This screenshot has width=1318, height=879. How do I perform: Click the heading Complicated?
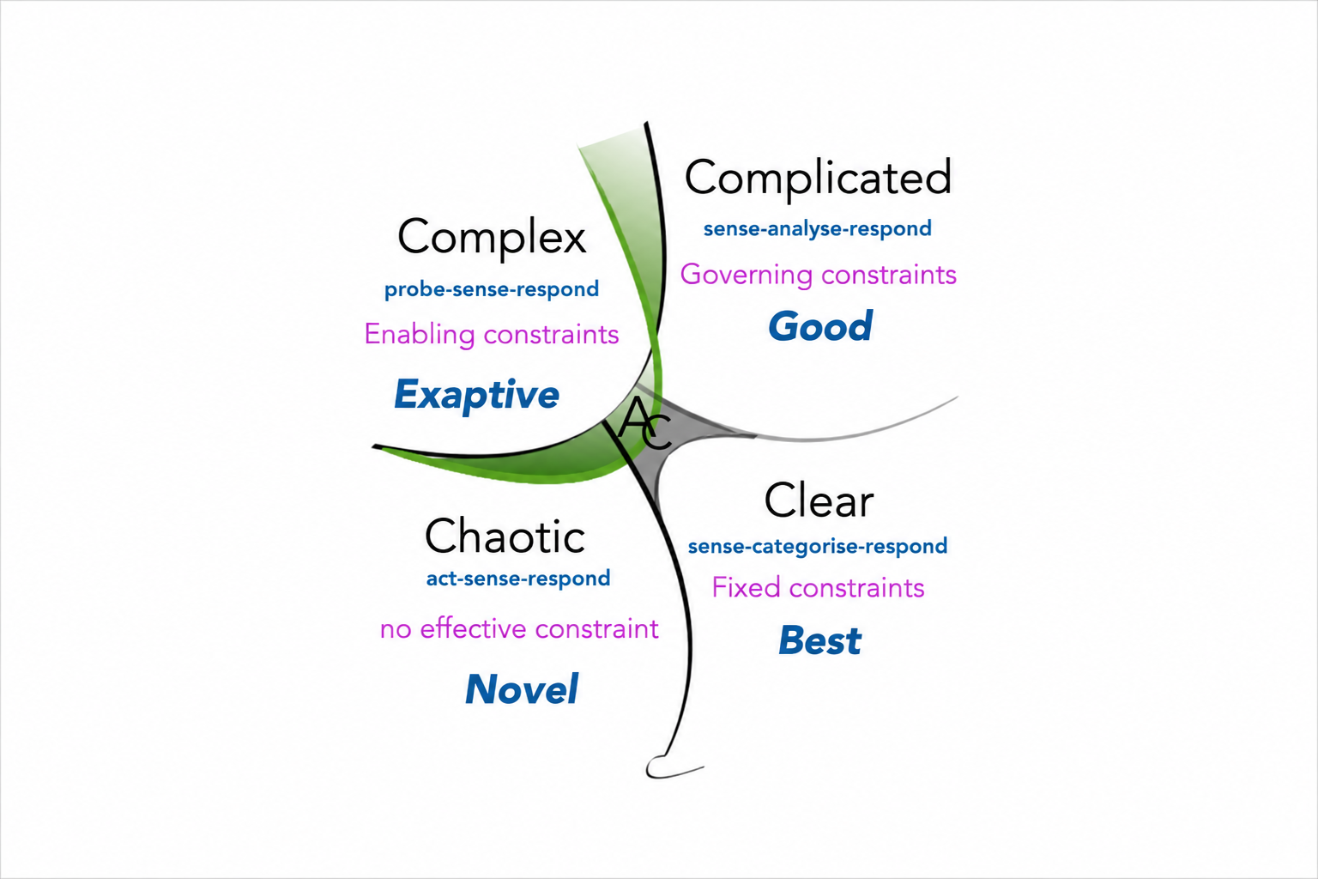pyautogui.click(x=818, y=179)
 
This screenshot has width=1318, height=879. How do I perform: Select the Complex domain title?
pyautogui.click(x=492, y=237)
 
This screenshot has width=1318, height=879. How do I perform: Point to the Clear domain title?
pyautogui.click(x=819, y=500)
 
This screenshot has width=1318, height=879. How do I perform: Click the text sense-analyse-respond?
pyautogui.click(x=817, y=228)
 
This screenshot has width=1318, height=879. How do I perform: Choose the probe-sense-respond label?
pyautogui.click(x=492, y=289)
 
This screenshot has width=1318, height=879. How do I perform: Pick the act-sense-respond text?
pyautogui.click(x=518, y=579)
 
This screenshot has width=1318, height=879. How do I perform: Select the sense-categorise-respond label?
pyautogui.click(x=818, y=546)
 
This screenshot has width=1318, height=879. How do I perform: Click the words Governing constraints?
pyautogui.click(x=819, y=275)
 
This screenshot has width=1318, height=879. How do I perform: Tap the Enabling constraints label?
pyautogui.click(x=492, y=335)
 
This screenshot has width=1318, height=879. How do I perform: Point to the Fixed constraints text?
pyautogui.click(x=818, y=587)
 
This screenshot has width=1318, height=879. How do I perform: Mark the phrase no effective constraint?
pyautogui.click(x=519, y=629)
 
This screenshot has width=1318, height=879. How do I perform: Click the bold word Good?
pyautogui.click(x=820, y=326)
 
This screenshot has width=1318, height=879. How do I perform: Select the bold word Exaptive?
pyautogui.click(x=476, y=395)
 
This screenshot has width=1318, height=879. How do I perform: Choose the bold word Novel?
pyautogui.click(x=522, y=688)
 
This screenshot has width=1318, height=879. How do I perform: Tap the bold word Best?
pyautogui.click(x=819, y=640)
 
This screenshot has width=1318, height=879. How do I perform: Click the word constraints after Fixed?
pyautogui.click(x=856, y=588)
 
